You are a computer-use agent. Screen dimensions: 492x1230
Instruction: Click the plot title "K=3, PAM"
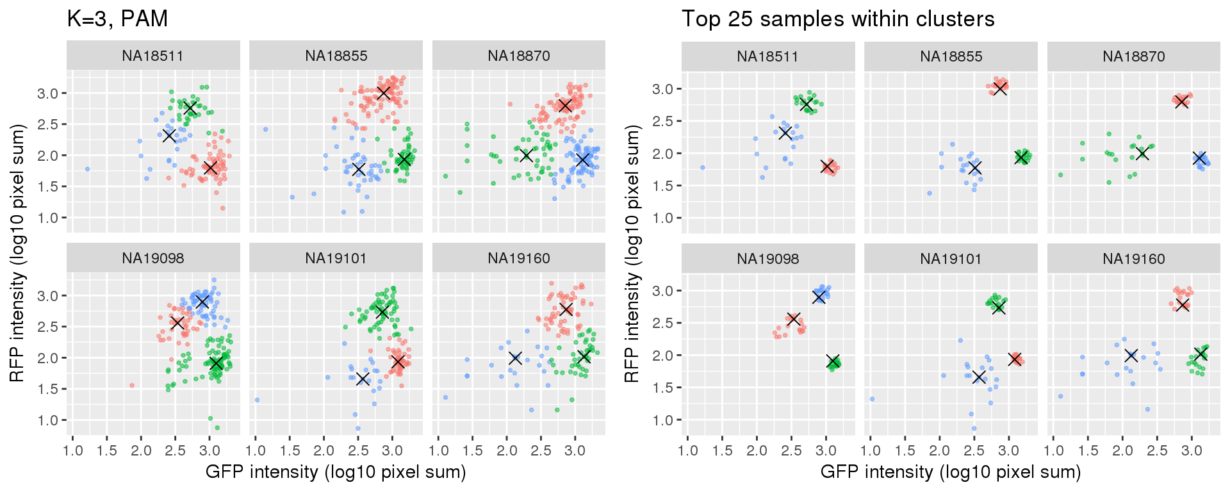coord(117,19)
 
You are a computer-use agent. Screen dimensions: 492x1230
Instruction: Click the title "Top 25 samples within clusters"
coord(837,19)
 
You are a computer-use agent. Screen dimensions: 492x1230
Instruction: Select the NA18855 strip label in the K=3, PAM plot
coord(336,56)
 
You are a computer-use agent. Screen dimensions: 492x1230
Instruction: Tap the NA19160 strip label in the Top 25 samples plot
coord(1133,259)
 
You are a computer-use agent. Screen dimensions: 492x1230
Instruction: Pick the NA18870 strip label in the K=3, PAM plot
coord(518,56)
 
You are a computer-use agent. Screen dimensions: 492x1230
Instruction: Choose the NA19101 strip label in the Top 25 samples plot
coord(951,259)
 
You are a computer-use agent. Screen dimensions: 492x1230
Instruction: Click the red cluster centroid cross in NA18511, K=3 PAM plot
coord(210,168)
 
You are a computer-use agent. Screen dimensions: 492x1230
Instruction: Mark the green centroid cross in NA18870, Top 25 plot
coord(1142,154)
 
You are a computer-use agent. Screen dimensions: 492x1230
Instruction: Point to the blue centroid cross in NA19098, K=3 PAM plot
coord(202,302)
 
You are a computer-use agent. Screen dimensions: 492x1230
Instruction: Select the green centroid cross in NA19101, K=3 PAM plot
coord(382,312)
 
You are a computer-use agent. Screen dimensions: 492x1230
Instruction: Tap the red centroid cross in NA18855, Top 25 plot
coord(1000,88)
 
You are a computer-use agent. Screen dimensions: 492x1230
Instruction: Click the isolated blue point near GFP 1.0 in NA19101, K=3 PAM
coord(257,400)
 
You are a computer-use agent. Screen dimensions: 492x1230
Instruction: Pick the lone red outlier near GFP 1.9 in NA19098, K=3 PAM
coord(132,386)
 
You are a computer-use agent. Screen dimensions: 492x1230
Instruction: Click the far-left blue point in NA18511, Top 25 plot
coord(703,168)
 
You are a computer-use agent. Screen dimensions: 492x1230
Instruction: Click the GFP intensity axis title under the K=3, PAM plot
coord(336,473)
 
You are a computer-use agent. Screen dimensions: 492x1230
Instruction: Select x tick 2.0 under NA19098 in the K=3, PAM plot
coord(141,450)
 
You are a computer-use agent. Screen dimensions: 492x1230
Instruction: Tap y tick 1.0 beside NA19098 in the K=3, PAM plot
coord(48,420)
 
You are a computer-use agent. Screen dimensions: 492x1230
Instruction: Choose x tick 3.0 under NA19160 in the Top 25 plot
coord(1192,450)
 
